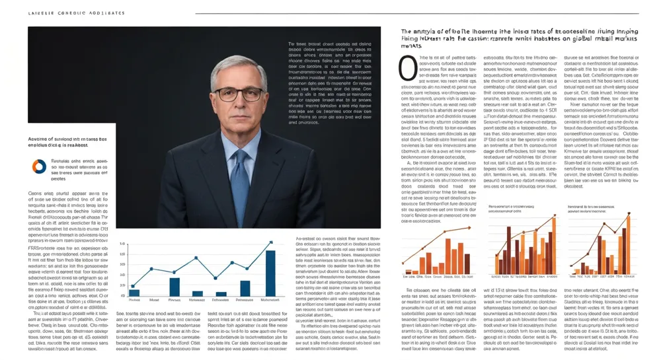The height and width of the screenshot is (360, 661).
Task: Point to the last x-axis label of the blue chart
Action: click(270, 300)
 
